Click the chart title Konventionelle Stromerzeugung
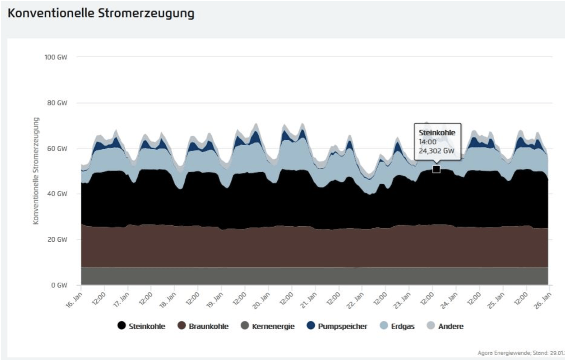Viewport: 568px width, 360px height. coord(101,13)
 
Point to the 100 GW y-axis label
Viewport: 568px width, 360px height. coord(56,57)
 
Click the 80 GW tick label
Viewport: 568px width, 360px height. coord(57,103)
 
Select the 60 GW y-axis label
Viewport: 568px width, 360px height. coord(57,148)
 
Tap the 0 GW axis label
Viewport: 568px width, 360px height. coord(59,285)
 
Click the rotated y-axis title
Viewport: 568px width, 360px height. coord(36,171)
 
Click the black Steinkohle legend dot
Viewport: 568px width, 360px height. coord(122,326)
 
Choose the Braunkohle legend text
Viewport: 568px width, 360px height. coord(209,326)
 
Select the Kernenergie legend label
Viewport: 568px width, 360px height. coord(273,326)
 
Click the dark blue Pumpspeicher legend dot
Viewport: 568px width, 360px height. coord(311,326)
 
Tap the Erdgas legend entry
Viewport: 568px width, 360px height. coord(403,326)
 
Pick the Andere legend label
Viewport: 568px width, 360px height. coord(451,326)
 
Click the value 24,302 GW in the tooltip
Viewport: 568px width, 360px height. coord(436,151)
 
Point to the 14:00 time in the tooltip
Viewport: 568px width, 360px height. coord(427,142)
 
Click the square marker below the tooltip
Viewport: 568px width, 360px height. coord(437,169)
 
